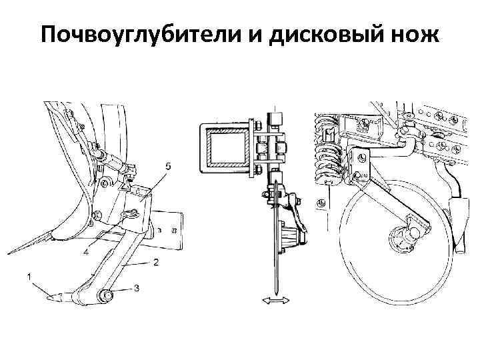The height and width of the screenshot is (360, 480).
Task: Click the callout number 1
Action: point(29,275)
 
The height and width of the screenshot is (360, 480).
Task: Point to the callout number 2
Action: point(155,263)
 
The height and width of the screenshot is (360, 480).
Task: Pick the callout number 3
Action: point(137,289)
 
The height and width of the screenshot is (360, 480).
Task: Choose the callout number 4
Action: point(86,252)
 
